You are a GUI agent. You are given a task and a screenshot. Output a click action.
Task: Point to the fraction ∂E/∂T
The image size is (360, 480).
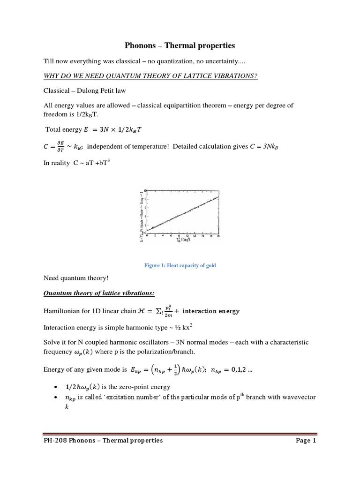[x=60, y=147]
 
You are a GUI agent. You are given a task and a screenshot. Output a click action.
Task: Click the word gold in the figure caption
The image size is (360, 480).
[x=210, y=265]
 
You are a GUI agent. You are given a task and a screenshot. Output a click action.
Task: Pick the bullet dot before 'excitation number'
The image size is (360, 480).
[x=56, y=397]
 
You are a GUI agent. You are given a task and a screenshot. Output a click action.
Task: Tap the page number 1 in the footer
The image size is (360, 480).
[x=315, y=441]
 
